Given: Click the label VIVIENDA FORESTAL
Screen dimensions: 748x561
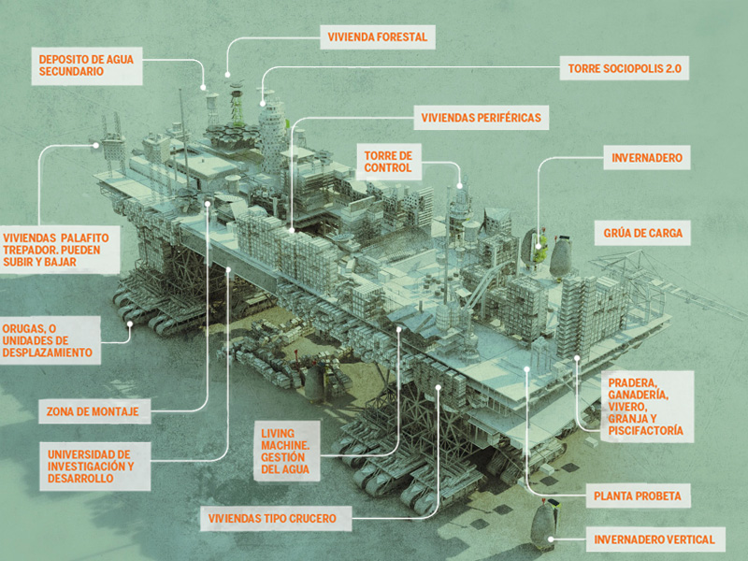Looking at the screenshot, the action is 378,37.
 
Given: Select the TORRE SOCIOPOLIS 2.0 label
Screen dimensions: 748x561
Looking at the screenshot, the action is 625,68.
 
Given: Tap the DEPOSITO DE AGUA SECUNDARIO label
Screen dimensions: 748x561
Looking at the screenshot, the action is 87,65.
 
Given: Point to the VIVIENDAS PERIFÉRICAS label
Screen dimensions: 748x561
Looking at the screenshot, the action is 481,118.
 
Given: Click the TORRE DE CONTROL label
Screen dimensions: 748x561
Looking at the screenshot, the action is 388,162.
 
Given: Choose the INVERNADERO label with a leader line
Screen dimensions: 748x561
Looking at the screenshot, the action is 647,158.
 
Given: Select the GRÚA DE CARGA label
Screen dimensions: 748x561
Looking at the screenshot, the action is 642,233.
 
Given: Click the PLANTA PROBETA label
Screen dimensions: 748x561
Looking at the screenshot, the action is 638,496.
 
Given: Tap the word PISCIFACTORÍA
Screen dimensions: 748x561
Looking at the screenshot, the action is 645,431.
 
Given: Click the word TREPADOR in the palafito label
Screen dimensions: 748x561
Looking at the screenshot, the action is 29,250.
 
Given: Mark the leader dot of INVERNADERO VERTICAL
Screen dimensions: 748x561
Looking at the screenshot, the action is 551,539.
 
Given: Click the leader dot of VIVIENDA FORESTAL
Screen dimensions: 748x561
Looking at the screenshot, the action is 227,75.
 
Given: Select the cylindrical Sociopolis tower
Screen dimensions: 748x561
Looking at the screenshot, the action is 272,136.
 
